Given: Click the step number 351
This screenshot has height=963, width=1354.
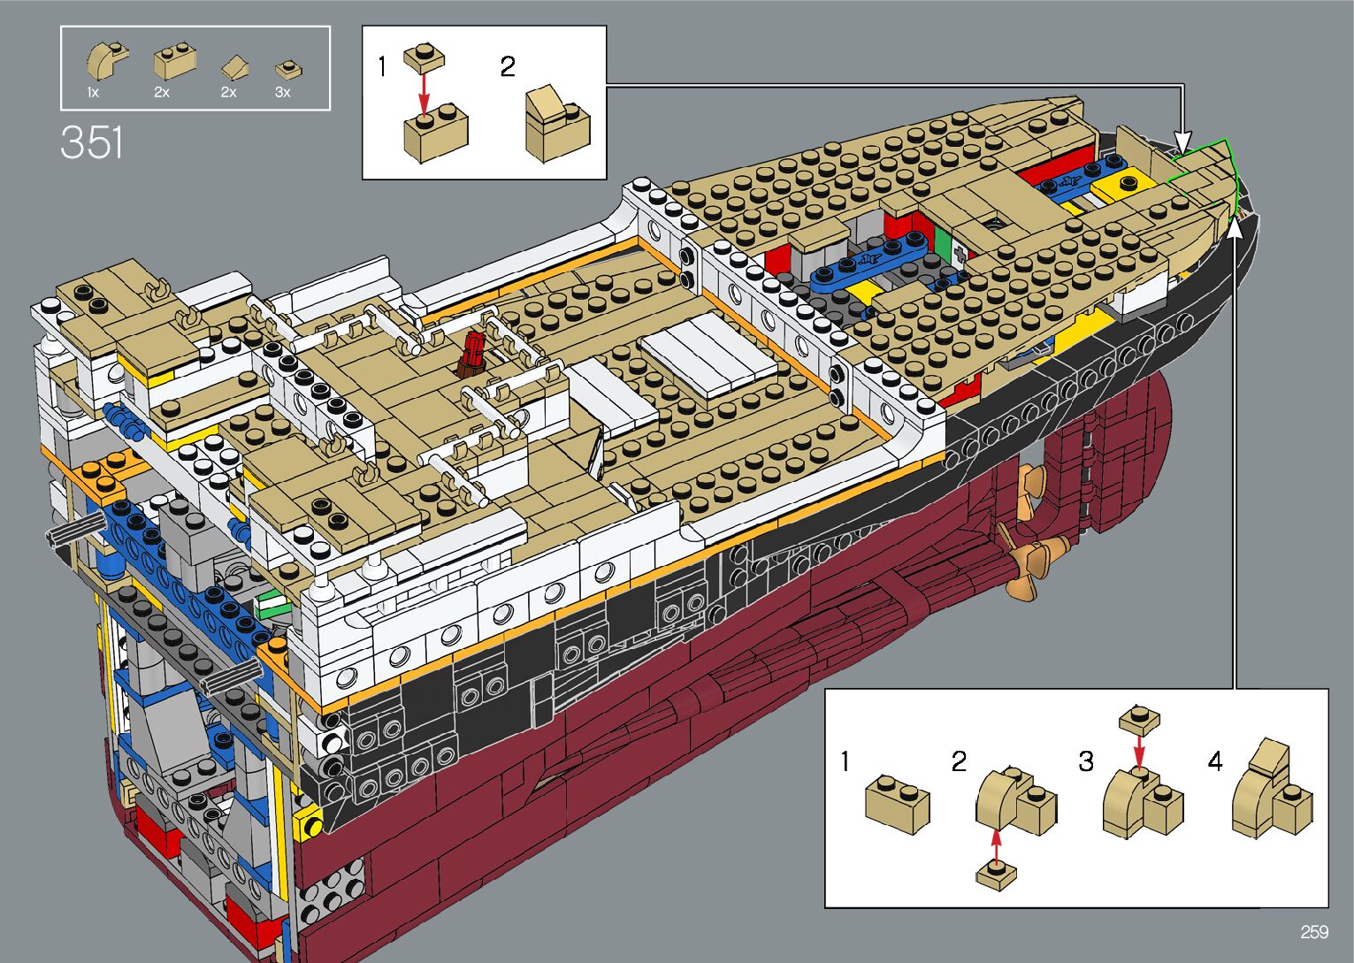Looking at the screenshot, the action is tap(91, 142).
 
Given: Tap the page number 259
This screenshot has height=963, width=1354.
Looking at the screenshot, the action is tap(1315, 931).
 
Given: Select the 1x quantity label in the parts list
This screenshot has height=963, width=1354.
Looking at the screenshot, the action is tap(93, 93).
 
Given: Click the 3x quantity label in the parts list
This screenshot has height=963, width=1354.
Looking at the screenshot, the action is tap(282, 93).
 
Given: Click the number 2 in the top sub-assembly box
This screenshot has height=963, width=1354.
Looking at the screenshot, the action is tap(508, 66).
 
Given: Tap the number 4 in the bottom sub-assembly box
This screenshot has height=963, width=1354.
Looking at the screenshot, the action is tap(1215, 760).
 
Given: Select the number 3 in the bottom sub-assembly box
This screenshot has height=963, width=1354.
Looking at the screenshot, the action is tap(1086, 761).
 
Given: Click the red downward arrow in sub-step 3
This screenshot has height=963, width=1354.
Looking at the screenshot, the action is tap(1139, 751).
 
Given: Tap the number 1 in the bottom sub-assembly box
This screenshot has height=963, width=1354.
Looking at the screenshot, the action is tap(845, 761).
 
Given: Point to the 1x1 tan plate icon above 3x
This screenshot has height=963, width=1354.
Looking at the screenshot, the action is tap(288, 70).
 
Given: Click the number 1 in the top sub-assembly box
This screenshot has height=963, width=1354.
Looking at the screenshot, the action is tap(382, 66).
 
